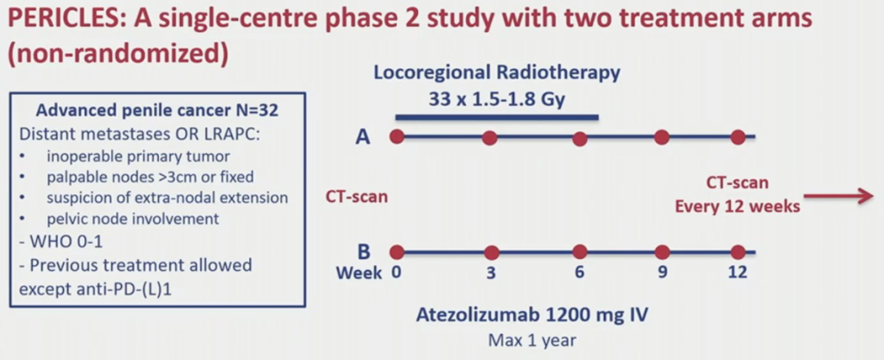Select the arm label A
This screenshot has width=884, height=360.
[x=364, y=137]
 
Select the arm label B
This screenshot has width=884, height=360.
[x=363, y=252]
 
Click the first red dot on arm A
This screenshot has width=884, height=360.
[x=397, y=137]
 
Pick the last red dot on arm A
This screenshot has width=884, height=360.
[x=738, y=137]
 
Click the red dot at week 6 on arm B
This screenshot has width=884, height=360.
[x=580, y=252]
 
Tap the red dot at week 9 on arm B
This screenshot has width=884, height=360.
[x=662, y=252]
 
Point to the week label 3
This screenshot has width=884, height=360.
[x=492, y=272]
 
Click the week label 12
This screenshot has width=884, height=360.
[x=737, y=272]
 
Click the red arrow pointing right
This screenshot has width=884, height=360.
[x=838, y=196]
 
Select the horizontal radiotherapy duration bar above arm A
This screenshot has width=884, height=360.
[x=497, y=118]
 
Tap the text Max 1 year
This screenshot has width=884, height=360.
[x=532, y=341]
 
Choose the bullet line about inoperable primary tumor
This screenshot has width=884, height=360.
[x=138, y=156]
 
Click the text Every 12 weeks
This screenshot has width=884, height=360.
[x=738, y=207]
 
